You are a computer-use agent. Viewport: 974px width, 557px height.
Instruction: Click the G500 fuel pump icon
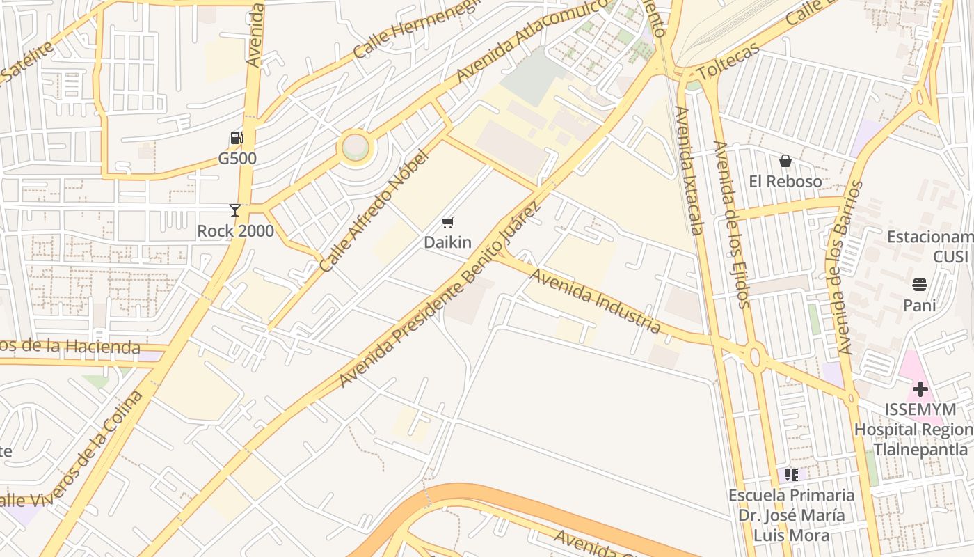click(237, 138)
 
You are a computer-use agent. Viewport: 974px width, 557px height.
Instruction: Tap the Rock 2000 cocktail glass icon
click(235, 210)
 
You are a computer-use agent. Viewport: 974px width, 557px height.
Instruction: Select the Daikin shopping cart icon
click(448, 223)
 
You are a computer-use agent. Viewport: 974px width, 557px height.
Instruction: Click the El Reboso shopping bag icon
click(785, 162)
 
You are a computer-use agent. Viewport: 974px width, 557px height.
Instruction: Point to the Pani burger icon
click(919, 285)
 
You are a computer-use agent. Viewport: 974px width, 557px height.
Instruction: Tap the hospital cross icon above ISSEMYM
click(920, 389)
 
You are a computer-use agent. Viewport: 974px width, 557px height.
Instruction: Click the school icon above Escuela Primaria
click(791, 475)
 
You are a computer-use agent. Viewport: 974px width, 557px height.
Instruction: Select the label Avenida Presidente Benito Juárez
click(440, 297)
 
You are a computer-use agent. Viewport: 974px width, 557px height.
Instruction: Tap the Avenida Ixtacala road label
click(690, 170)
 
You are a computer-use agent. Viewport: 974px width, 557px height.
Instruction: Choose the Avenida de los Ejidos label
click(732, 224)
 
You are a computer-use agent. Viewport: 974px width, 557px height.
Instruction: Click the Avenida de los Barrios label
click(844, 267)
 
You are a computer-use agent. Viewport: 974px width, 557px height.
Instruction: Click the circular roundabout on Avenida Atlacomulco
click(356, 148)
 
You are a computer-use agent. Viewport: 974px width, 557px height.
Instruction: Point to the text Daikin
click(448, 242)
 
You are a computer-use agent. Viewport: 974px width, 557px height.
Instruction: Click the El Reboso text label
click(785, 182)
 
